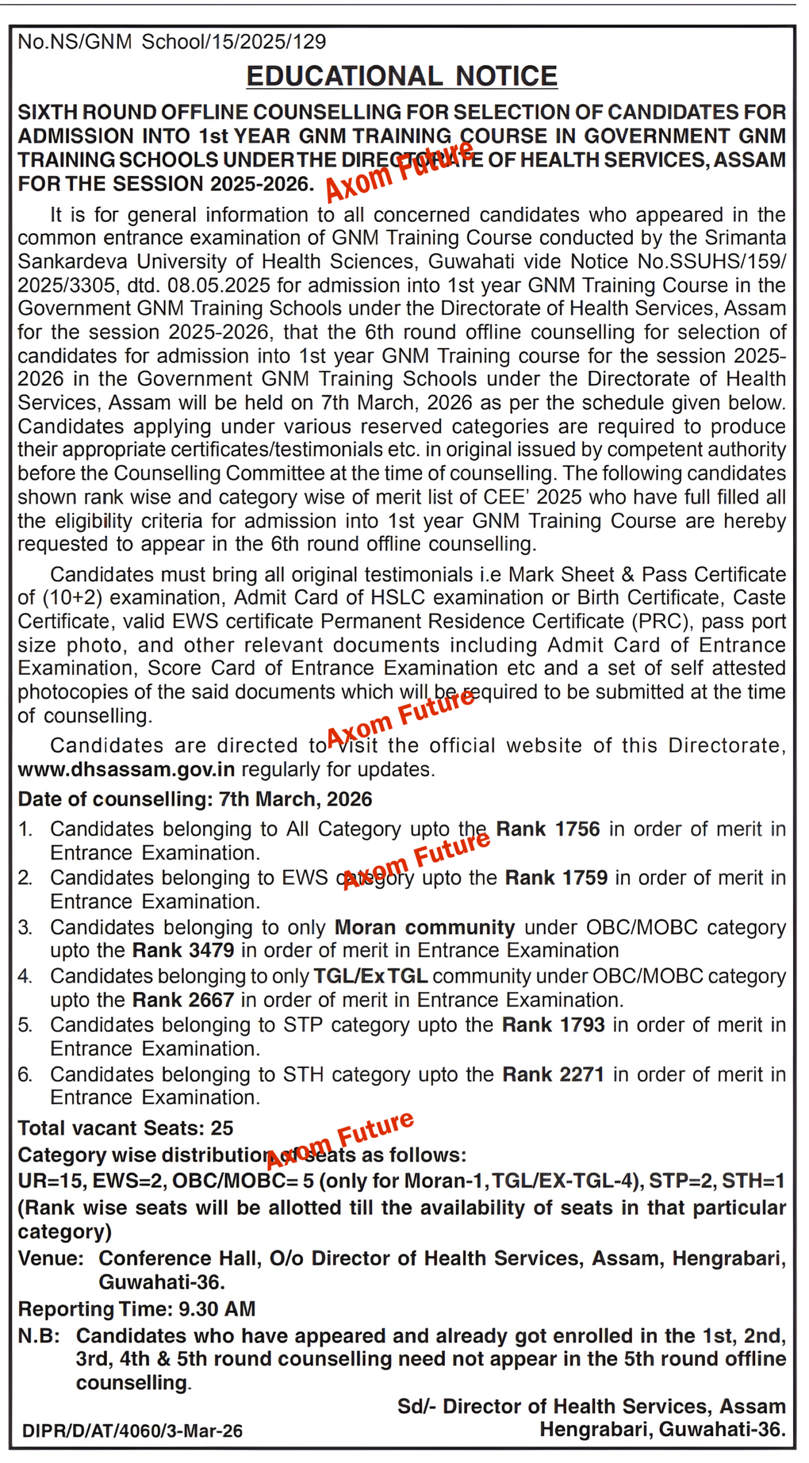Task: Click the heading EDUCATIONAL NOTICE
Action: point(401,77)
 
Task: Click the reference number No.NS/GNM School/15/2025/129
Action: point(172,42)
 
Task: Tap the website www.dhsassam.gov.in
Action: point(126,770)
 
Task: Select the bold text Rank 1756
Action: point(548,829)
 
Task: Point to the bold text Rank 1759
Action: point(556,878)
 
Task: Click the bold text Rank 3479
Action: point(183,950)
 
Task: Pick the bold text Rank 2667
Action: point(183,1000)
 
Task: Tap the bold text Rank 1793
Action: point(553,1025)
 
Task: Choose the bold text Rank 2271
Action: point(553,1074)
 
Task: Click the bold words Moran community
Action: point(424,927)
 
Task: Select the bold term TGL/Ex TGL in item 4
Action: point(370,976)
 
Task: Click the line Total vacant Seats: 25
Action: point(126,1128)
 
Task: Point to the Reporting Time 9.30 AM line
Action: point(137,1309)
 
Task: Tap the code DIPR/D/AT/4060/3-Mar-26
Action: point(132,1431)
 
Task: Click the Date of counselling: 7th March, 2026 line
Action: point(195,799)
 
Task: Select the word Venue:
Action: point(51,1258)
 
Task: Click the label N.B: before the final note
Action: point(39,1336)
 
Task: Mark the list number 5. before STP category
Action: point(25,1025)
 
